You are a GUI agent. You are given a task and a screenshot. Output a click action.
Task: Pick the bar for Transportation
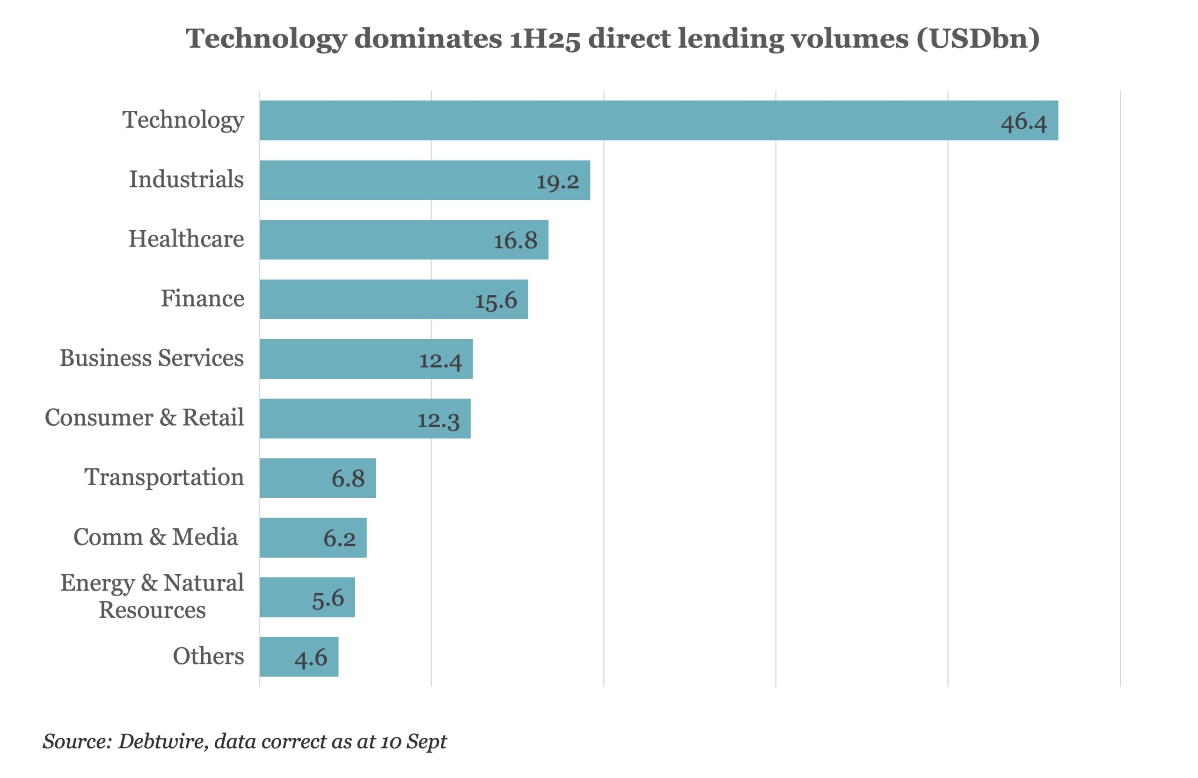tap(318, 478)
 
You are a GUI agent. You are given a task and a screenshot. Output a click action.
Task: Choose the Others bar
tap(299, 657)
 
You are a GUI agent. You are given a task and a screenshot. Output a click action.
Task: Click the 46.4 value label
tap(1023, 122)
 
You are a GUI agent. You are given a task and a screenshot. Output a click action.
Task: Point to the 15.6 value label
tap(496, 300)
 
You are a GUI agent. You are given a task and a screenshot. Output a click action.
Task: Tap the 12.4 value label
tap(440, 360)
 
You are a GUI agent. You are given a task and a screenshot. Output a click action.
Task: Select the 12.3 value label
tap(438, 420)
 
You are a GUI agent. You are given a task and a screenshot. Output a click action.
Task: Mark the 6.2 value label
tap(339, 538)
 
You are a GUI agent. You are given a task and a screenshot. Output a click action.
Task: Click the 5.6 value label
tap(328, 598)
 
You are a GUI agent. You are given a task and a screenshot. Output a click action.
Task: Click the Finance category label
tap(202, 298)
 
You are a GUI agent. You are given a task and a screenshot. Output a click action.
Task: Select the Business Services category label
tap(152, 358)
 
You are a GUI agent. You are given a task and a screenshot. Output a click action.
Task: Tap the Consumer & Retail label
tap(145, 418)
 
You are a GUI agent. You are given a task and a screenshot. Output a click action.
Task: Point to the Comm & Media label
tap(155, 537)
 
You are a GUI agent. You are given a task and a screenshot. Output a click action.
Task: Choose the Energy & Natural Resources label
tap(152, 596)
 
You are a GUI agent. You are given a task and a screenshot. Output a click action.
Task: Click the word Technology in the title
tap(266, 39)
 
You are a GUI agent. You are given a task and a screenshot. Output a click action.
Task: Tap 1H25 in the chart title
tap(545, 39)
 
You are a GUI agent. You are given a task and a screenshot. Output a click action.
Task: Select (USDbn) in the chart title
tap(978, 39)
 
